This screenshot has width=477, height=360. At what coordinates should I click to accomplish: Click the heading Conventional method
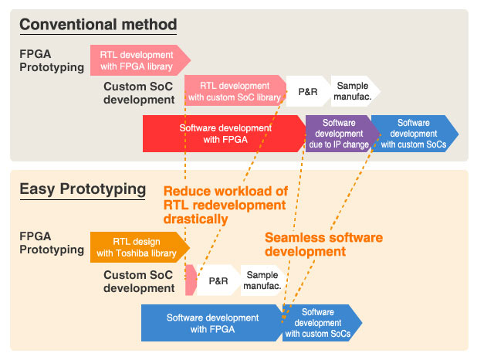pyautogui.click(x=98, y=25)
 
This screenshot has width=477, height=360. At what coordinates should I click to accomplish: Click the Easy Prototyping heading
pyautogui.click(x=83, y=188)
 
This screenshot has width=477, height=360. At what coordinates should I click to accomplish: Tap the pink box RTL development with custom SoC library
pyautogui.click(x=234, y=91)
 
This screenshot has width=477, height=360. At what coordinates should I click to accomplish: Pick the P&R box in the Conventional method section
pyautogui.click(x=306, y=90)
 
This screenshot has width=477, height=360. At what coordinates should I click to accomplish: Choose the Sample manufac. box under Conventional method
pyautogui.click(x=354, y=90)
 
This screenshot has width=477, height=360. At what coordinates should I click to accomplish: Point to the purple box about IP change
pyautogui.click(x=339, y=134)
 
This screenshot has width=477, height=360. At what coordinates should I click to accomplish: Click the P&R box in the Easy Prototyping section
pyautogui.click(x=218, y=280)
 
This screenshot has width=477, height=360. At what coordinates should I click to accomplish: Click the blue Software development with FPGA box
pyautogui.click(x=211, y=323)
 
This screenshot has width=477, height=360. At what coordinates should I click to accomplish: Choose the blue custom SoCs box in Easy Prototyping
pyautogui.click(x=318, y=323)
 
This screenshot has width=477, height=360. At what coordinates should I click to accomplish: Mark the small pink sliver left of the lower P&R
pyautogui.click(x=190, y=280)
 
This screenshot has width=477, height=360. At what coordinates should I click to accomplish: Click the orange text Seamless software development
pyautogui.click(x=323, y=244)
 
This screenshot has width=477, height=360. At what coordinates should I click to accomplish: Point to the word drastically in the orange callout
pyautogui.click(x=195, y=219)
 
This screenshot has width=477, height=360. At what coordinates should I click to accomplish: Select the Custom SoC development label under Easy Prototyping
pyautogui.click(x=139, y=281)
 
